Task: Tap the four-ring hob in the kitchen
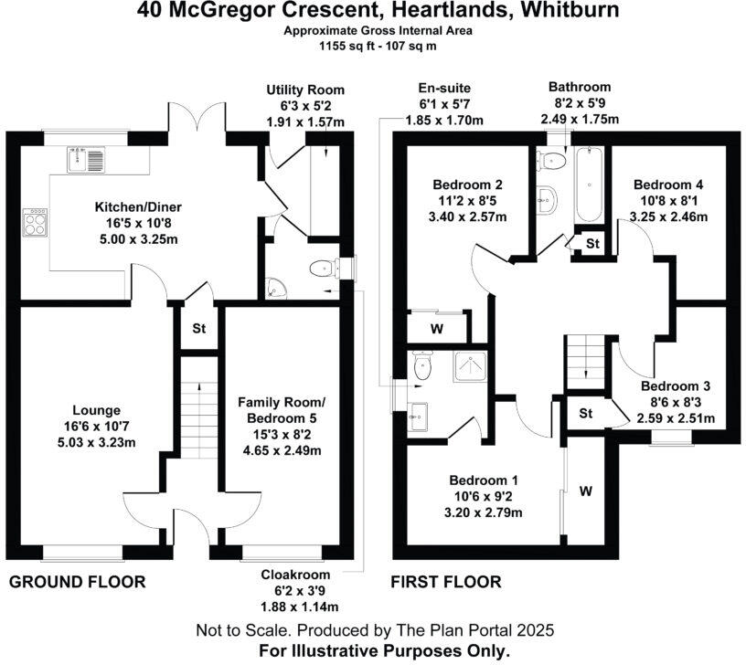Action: [36, 222]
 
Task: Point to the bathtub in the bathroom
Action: [587, 185]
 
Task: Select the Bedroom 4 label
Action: [667, 185]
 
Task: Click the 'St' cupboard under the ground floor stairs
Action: [198, 329]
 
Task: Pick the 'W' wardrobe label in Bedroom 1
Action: [585, 491]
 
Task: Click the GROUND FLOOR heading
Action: [77, 582]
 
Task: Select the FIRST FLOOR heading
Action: [445, 582]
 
